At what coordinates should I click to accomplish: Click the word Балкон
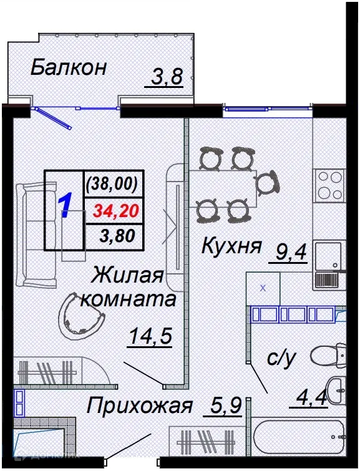click(69, 67)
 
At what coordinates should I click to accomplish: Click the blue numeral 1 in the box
click(64, 206)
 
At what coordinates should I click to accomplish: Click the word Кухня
click(230, 246)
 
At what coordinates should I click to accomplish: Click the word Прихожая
click(138, 407)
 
